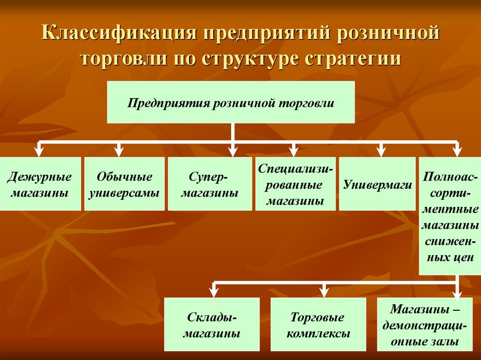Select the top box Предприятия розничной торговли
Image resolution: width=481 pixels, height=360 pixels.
tap(231, 102)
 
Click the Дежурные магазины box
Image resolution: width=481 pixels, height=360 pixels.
tap(40, 184)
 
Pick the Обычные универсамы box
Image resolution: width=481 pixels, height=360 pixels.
tap(124, 184)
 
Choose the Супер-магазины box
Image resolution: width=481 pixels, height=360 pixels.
tap(210, 184)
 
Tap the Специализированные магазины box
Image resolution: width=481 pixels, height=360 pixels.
tap(295, 184)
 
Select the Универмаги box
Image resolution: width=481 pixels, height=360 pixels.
tap(377, 184)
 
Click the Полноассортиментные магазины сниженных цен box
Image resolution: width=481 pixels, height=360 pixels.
tap(450, 216)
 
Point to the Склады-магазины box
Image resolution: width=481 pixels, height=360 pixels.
tap(212, 324)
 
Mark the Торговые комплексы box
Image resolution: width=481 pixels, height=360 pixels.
tap(318, 324)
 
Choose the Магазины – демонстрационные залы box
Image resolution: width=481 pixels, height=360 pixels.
tap(425, 324)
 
